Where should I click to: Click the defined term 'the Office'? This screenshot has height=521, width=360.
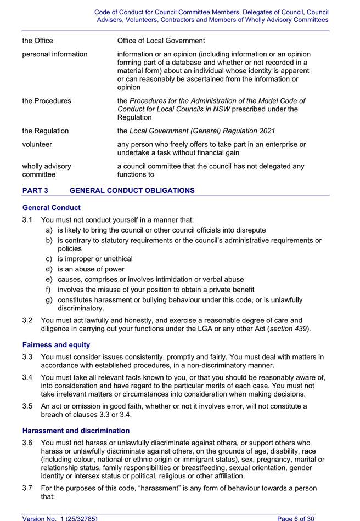point(38,41)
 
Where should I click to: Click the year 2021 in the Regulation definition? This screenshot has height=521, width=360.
point(266,131)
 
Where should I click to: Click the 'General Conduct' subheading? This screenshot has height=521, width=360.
point(52,208)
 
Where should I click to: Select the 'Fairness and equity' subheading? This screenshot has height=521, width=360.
point(56,345)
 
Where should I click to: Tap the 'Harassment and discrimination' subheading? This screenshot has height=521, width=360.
point(76,431)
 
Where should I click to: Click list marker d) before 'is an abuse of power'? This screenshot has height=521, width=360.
point(49,269)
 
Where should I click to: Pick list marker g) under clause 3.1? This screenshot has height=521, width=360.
point(49,299)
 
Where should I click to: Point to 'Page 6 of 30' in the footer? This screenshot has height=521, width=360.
point(296,517)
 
